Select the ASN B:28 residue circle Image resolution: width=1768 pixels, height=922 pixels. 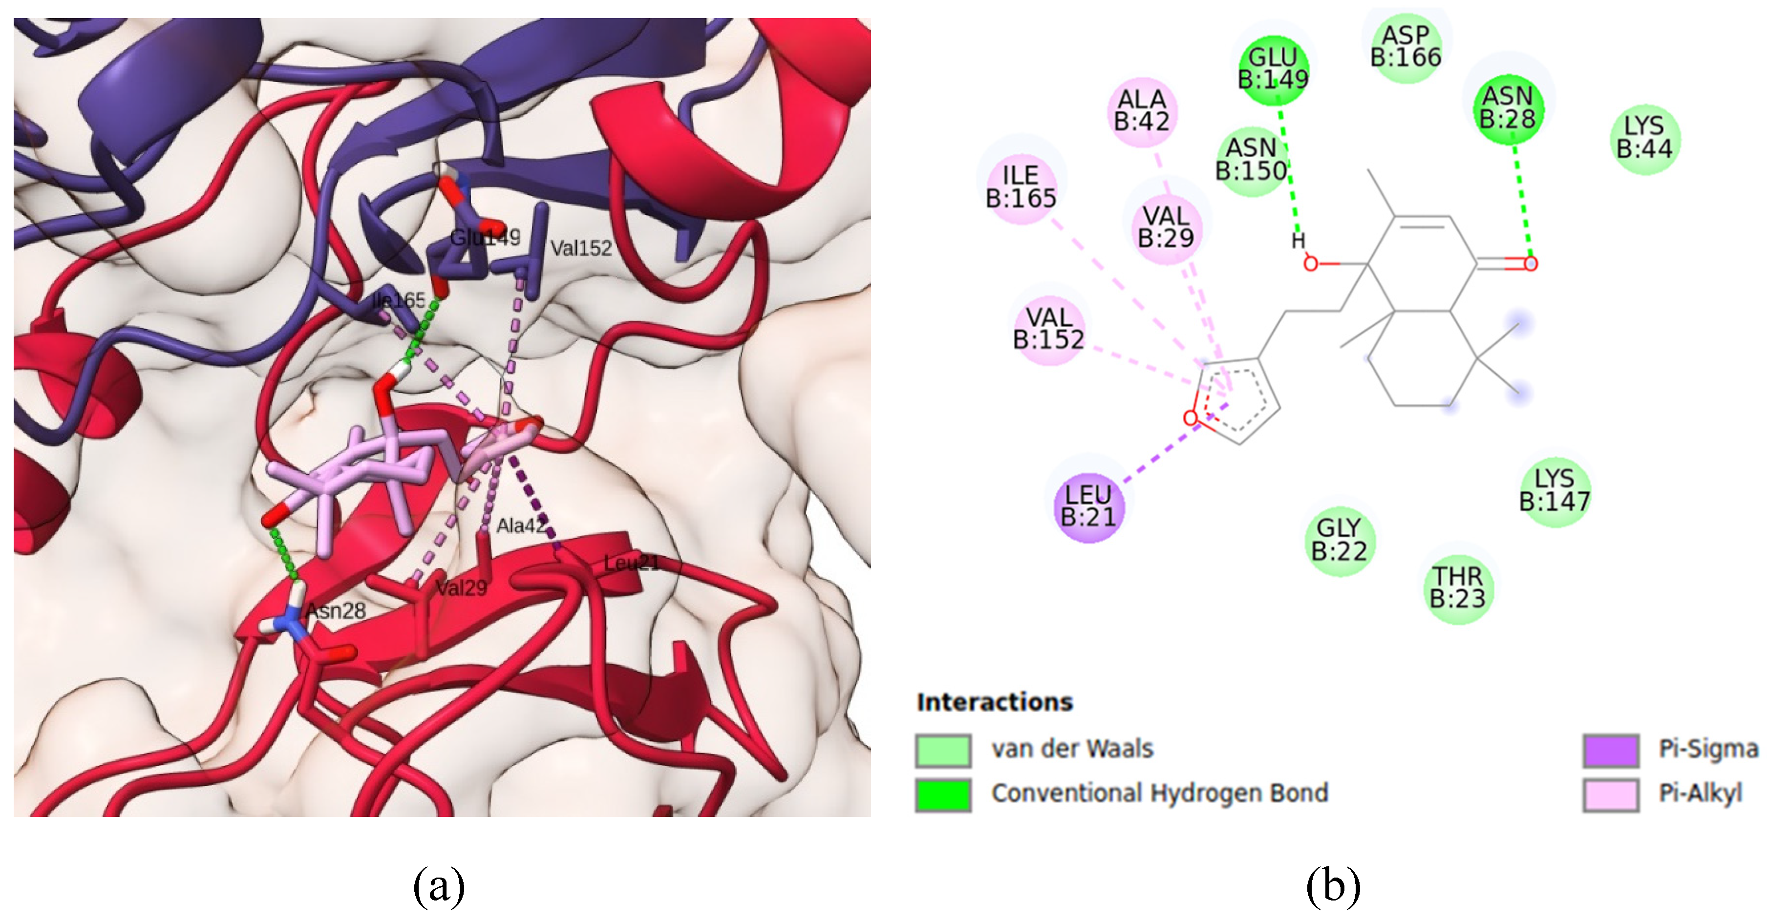(x=1507, y=108)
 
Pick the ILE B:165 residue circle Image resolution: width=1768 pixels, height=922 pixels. (x=1021, y=187)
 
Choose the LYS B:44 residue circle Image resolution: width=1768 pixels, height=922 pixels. (x=1644, y=138)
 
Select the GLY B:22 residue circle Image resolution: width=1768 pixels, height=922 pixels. (x=1339, y=540)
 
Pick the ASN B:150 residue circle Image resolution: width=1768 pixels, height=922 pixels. (x=1251, y=160)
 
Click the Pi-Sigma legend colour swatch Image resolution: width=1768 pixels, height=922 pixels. (x=1611, y=750)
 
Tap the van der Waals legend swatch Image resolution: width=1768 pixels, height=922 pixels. (x=943, y=750)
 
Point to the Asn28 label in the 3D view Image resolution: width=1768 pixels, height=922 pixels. (x=336, y=610)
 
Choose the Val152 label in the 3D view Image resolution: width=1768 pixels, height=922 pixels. (x=581, y=249)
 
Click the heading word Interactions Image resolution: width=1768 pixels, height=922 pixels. (x=995, y=702)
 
